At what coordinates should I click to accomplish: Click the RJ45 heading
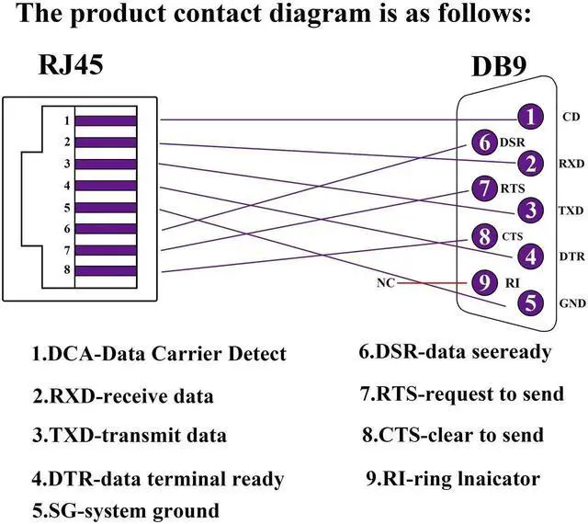tap(71, 65)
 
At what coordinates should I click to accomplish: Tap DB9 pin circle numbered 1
tap(529, 117)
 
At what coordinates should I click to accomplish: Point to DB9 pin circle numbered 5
tap(529, 300)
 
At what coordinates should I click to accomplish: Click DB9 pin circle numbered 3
tap(529, 210)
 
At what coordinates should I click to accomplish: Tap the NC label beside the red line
tap(386, 283)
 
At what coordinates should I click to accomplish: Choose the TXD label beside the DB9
tap(570, 211)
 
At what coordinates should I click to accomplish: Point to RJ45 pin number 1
tap(66, 120)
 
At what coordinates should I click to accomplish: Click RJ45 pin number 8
tap(66, 270)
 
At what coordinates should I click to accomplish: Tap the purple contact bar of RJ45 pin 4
tap(106, 186)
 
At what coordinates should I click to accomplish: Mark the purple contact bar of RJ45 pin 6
tap(106, 228)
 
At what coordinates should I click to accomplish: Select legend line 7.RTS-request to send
tap(461, 394)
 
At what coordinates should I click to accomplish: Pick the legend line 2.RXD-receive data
tap(123, 396)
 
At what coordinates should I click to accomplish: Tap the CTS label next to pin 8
tap(513, 236)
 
